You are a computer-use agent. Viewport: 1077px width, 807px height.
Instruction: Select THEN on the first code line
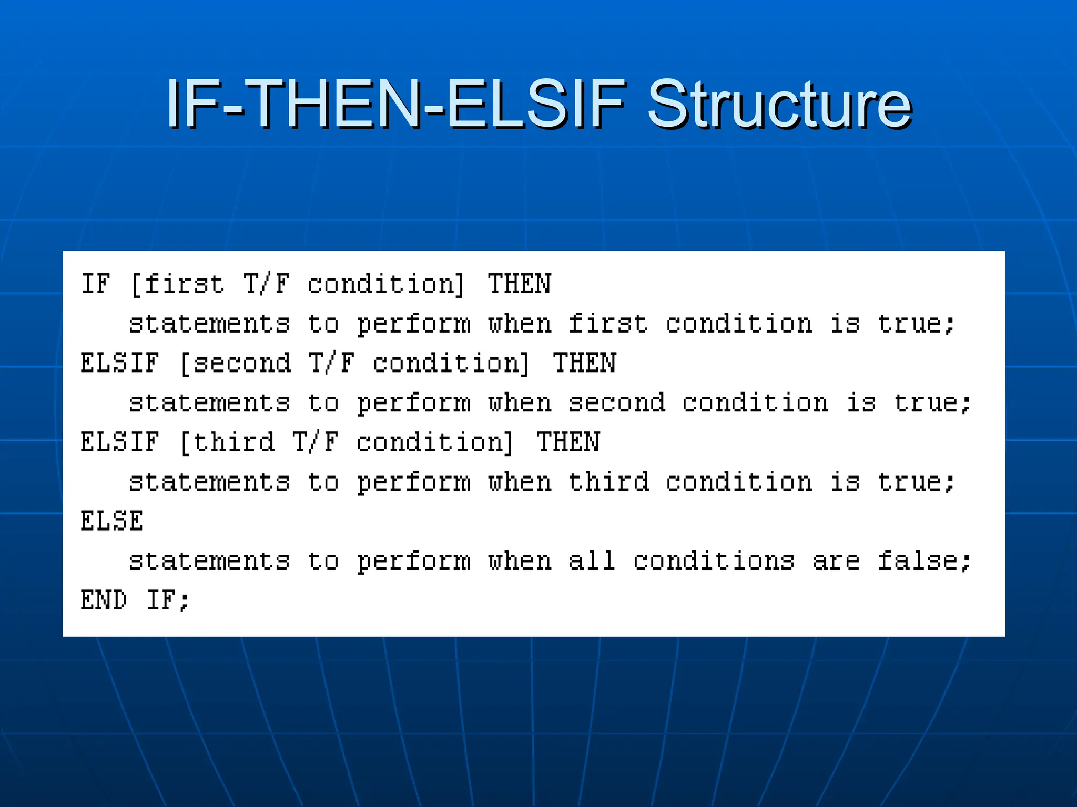(x=519, y=284)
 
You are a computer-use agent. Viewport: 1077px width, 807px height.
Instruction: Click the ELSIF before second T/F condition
(x=120, y=363)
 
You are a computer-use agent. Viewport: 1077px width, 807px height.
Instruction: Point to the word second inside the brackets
(x=242, y=363)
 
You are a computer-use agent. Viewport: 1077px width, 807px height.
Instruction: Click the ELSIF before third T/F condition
(x=120, y=442)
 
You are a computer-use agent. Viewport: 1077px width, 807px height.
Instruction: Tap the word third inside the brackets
(x=234, y=442)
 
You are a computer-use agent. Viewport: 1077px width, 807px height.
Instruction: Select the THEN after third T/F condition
(x=568, y=442)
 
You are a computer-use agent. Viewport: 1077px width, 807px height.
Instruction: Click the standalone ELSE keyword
(x=111, y=521)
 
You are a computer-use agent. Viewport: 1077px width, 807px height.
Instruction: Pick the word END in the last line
(x=104, y=600)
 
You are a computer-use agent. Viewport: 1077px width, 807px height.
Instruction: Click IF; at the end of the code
(x=168, y=600)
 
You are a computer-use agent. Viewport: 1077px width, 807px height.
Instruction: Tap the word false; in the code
(x=924, y=561)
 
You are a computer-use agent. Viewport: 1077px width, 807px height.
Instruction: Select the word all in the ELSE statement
(x=592, y=561)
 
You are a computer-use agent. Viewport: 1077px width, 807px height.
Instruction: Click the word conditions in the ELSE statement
(x=714, y=561)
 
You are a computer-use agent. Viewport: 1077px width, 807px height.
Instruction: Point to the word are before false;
(x=836, y=561)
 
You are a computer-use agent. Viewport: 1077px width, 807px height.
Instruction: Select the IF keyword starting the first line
(x=96, y=284)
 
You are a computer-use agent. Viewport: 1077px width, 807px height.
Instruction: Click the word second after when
(x=617, y=403)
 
